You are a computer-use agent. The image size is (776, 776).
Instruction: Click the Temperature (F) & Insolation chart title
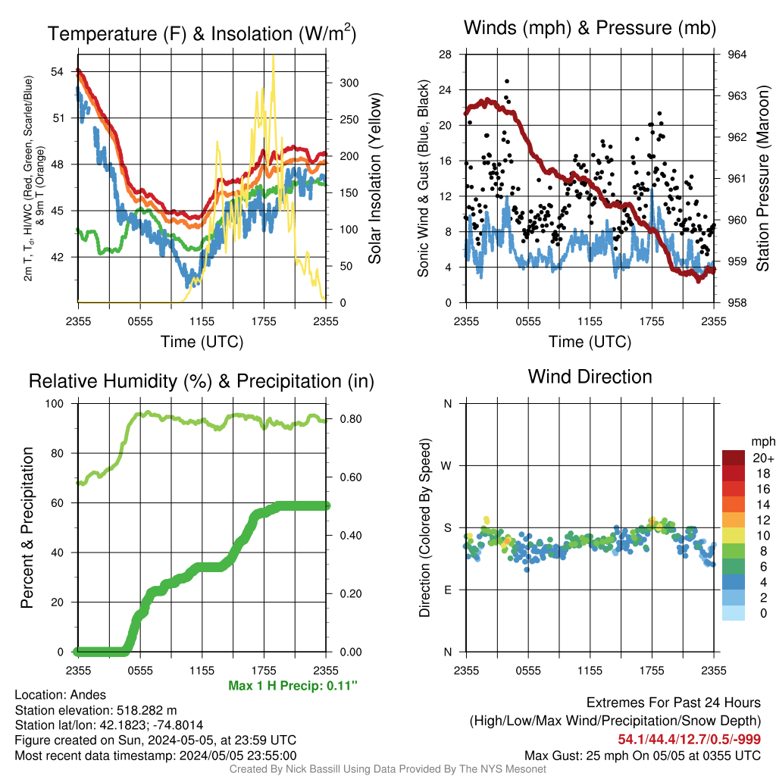point(202,33)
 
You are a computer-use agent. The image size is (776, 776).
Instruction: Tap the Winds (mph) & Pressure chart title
point(590,28)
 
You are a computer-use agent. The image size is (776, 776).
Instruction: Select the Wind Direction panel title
point(590,377)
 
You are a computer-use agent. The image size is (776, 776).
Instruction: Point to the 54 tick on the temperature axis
point(57,72)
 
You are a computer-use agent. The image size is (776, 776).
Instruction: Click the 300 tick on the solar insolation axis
point(349,83)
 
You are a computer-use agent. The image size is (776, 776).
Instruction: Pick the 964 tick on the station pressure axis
point(737,55)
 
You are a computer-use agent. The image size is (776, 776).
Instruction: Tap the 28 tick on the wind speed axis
point(445,55)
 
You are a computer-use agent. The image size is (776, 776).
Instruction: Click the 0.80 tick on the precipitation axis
point(351,418)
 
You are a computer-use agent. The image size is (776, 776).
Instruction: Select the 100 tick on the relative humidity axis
point(55,403)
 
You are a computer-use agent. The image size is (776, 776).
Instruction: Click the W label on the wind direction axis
point(446,466)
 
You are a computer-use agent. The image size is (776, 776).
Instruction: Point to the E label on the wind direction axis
point(447,590)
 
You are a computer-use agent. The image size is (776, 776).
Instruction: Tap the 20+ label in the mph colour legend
point(763,458)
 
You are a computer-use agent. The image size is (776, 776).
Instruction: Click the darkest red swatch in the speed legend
point(734,458)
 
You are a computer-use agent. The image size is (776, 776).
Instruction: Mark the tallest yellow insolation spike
point(273,56)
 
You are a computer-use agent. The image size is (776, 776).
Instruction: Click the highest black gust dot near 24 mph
point(507,81)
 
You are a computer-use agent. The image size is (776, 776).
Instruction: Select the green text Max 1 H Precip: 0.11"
point(293,685)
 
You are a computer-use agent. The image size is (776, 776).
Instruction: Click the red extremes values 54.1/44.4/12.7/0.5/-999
point(689,739)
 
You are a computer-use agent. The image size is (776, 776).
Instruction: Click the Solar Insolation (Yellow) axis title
point(374,178)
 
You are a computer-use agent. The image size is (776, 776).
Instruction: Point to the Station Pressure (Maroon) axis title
point(762,178)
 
